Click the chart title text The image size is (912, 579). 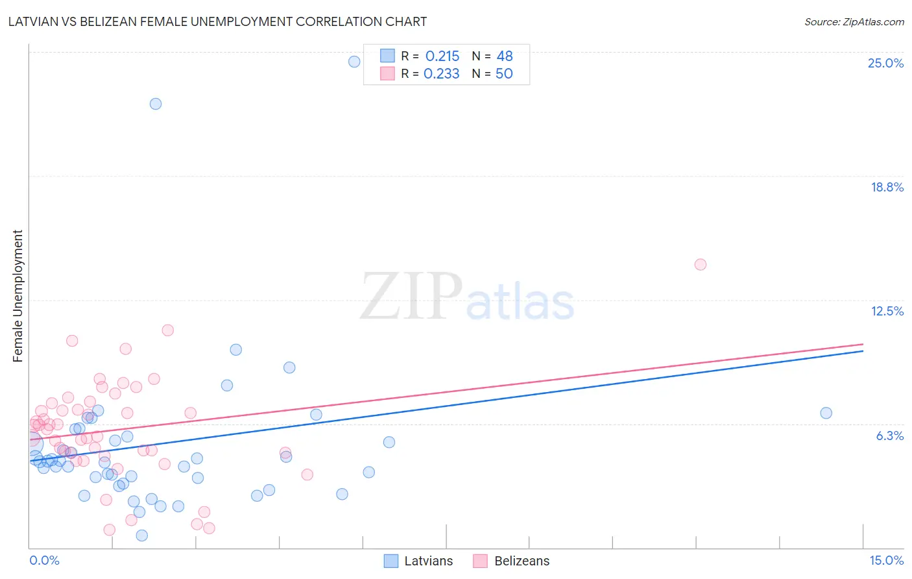[217, 21]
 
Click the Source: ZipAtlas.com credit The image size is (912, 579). [854, 21]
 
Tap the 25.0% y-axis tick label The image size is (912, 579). [885, 63]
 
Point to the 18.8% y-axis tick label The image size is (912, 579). [887, 187]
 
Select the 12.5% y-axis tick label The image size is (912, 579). [887, 311]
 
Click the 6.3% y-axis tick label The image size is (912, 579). [889, 436]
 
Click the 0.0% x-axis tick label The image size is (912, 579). [44, 560]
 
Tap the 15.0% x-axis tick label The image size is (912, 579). [886, 560]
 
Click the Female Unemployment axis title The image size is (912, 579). [18, 295]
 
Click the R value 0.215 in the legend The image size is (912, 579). [442, 56]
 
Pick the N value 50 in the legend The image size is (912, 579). [504, 74]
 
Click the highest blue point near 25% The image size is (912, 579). [354, 62]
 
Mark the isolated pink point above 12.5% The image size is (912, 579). [700, 264]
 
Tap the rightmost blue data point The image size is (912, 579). [826, 413]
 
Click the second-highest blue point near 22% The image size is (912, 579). [156, 104]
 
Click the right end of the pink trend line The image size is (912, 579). [863, 344]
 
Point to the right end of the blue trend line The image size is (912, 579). [863, 351]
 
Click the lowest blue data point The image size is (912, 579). [142, 536]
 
